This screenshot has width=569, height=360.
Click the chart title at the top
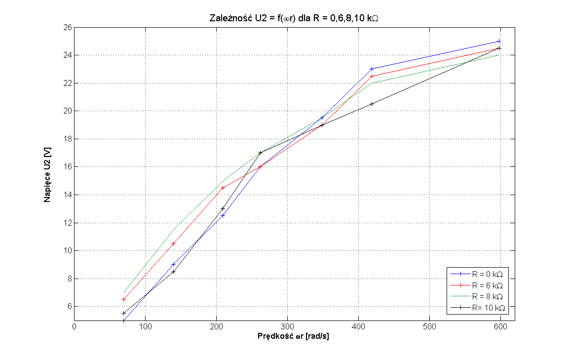pyautogui.click(x=295, y=18)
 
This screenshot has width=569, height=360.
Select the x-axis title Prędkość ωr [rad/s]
pyautogui.click(x=294, y=336)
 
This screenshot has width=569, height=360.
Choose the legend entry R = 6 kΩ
pyautogui.click(x=487, y=285)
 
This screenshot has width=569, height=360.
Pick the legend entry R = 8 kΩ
pyautogui.click(x=487, y=296)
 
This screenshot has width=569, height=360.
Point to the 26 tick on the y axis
pyautogui.click(x=66, y=27)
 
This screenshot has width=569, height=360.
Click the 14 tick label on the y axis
pyautogui.click(x=66, y=195)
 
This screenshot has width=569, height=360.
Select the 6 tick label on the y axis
pyautogui.click(x=68, y=307)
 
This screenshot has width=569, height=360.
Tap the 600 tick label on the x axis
pyautogui.click(x=500, y=326)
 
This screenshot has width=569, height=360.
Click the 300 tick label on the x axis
pyautogui.click(x=287, y=326)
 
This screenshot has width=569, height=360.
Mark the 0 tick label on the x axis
pyautogui.click(x=74, y=326)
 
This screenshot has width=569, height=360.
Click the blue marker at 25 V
pyautogui.click(x=499, y=41)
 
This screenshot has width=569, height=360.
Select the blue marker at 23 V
pyautogui.click(x=372, y=69)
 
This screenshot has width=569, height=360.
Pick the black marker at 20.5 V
pyautogui.click(x=372, y=104)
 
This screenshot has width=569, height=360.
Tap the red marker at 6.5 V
pyautogui.click(x=124, y=299)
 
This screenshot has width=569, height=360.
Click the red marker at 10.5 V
pyautogui.click(x=173, y=243)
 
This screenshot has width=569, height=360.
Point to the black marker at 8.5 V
pyautogui.click(x=173, y=272)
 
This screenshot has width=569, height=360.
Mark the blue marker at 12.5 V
pyautogui.click(x=223, y=215)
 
